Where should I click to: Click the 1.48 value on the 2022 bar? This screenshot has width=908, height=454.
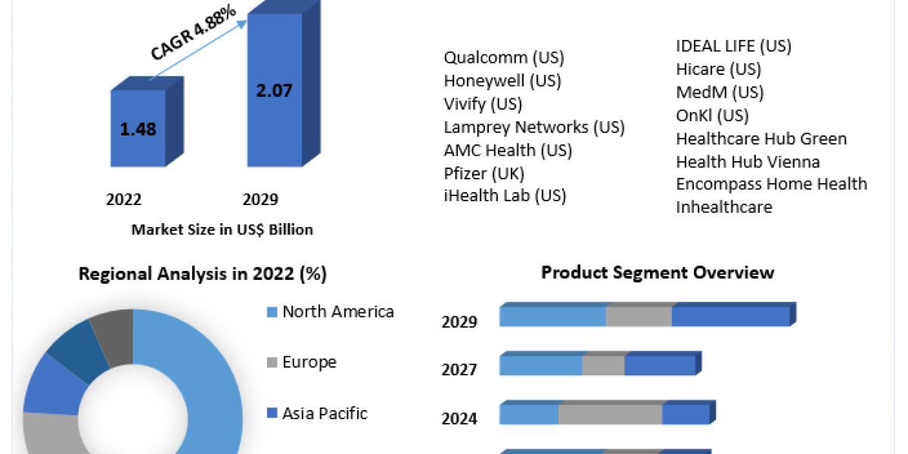point(138,129)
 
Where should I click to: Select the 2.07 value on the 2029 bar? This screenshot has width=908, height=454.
point(274,90)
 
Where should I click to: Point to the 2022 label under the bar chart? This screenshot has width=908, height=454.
point(124,200)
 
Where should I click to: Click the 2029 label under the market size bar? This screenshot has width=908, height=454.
point(260,200)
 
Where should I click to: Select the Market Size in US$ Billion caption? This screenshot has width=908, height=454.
point(222,229)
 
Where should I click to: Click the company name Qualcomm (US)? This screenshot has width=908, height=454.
point(504,58)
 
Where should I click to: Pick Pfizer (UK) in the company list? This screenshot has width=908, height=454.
point(484,173)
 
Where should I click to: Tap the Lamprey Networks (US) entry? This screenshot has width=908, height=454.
point(534,127)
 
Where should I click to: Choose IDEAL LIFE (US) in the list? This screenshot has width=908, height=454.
point(733,46)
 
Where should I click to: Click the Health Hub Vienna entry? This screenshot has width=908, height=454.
point(748,162)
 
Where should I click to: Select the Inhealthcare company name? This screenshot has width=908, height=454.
point(724,207)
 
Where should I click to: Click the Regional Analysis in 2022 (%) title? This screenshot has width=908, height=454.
point(203,274)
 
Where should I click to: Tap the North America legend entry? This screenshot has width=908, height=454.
point(337,312)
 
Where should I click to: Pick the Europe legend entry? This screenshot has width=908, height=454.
point(309,362)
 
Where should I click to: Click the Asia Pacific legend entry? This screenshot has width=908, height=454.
point(324,413)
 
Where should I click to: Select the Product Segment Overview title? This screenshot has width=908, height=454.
point(658,272)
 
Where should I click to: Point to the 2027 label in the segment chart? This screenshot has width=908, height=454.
point(459,370)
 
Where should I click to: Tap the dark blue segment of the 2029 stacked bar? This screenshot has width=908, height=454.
point(730,316)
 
